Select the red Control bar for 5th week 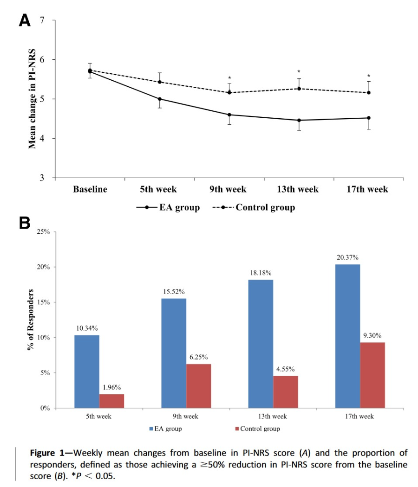click(x=111, y=401)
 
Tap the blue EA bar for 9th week click(x=174, y=353)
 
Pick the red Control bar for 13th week click(x=286, y=391)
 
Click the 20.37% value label click(x=347, y=257)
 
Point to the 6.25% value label click(x=198, y=357)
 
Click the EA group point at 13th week click(x=299, y=120)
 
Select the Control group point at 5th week click(x=159, y=82)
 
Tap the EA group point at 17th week click(x=369, y=118)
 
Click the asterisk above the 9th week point click(x=229, y=78)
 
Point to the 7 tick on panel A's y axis click(x=42, y=20)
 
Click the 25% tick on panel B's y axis click(x=43, y=231)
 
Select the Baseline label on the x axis click(x=90, y=189)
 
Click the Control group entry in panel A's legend click(x=265, y=207)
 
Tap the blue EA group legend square click(x=151, y=429)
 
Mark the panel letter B click(x=24, y=223)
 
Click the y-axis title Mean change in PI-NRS click(x=33, y=99)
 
